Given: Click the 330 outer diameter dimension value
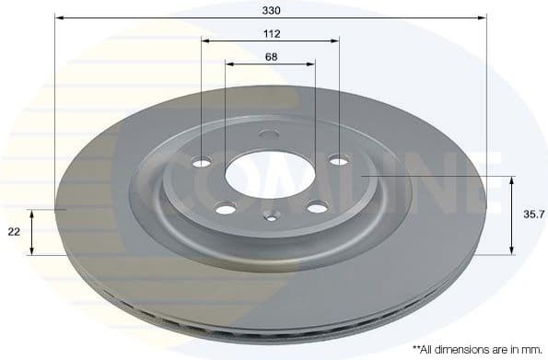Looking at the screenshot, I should pyautogui.click(x=269, y=9).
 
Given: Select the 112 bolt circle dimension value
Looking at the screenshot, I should pyautogui.click(x=270, y=33).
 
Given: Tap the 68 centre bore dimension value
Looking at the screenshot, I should pyautogui.click(x=270, y=56).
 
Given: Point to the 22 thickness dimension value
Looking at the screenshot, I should pyautogui.click(x=13, y=233).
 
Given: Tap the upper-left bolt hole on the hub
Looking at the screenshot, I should pyautogui.click(x=202, y=162).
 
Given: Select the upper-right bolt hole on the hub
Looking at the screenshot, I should pyautogui.click(x=338, y=160).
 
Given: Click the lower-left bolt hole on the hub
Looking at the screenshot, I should pyautogui.click(x=225, y=209).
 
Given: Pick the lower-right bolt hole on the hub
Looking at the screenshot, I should pyautogui.click(x=317, y=207).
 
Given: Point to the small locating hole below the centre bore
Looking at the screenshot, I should pyautogui.click(x=270, y=218).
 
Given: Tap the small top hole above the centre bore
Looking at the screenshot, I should pyautogui.click(x=269, y=135).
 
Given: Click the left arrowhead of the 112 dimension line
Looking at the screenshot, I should pyautogui.click(x=206, y=41).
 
